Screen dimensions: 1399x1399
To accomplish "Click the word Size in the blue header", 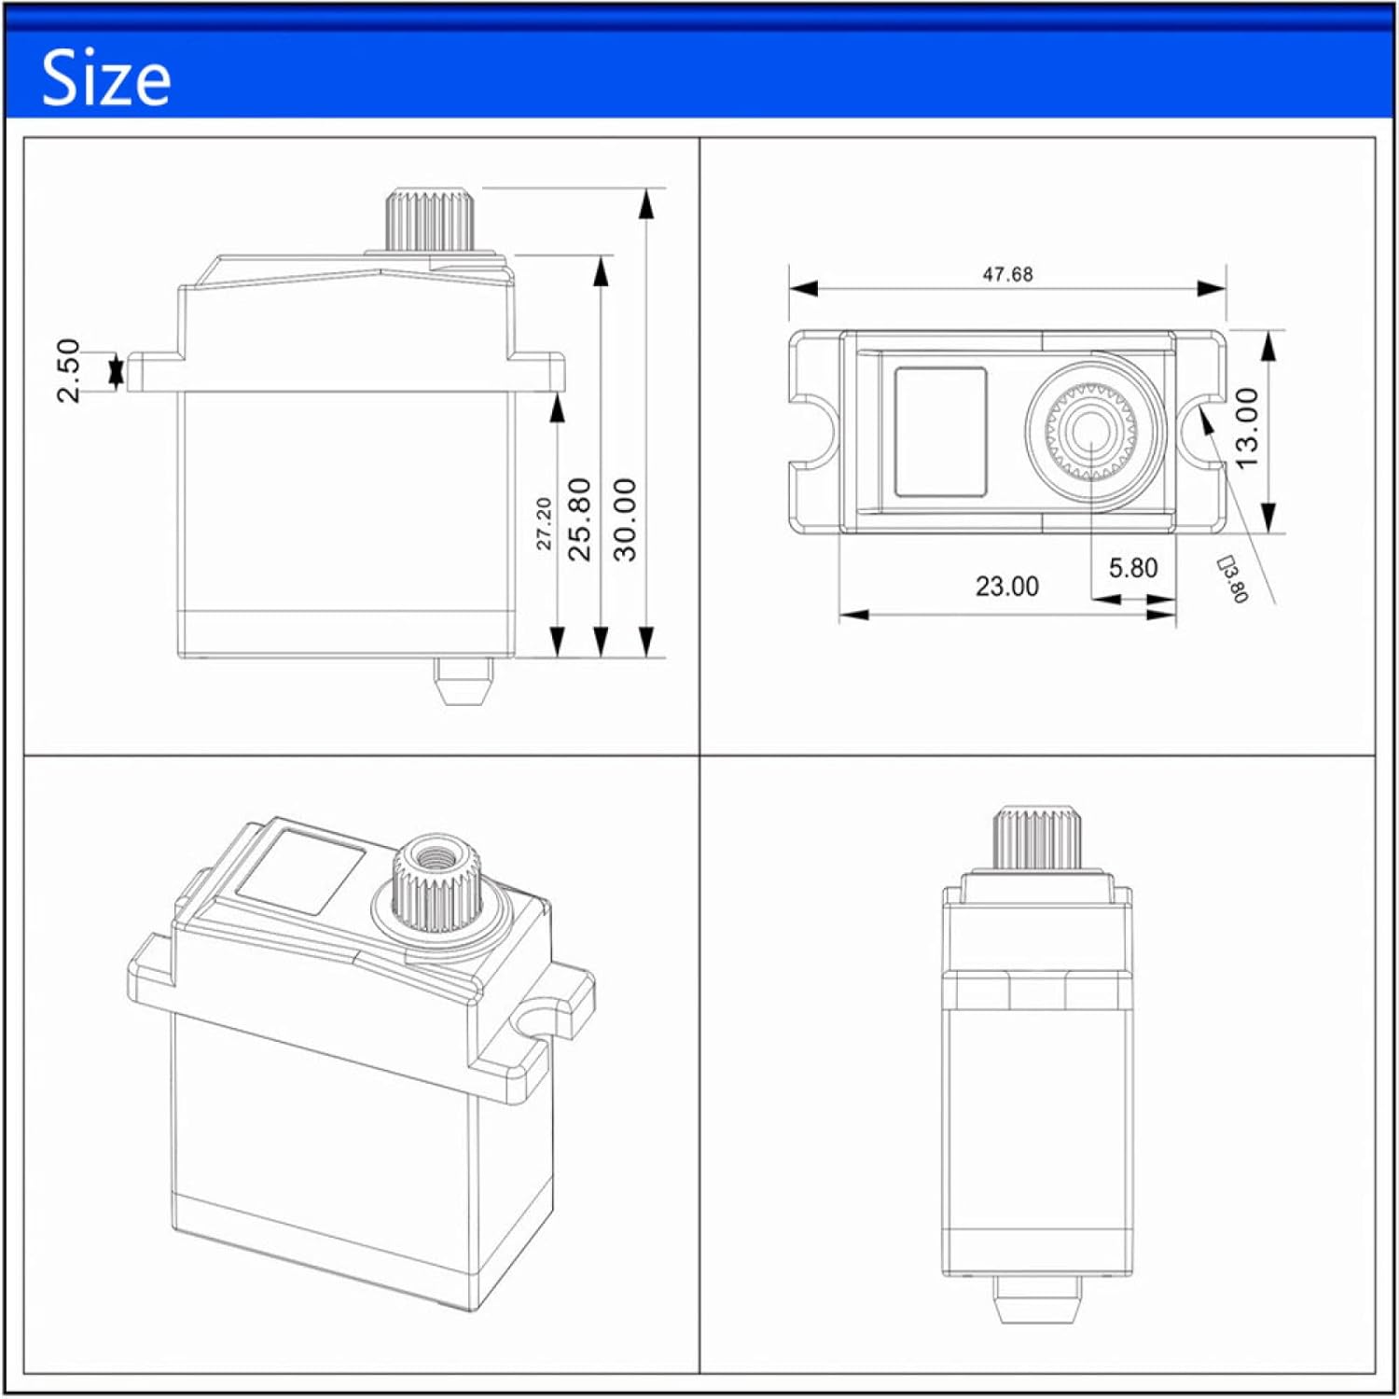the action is point(106,78).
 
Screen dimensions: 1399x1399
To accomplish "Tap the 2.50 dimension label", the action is point(68,370).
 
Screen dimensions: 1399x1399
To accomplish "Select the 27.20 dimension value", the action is point(544,523).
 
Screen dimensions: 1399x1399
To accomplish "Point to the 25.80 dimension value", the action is point(579,519).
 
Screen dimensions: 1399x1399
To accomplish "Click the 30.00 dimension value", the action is point(625,519).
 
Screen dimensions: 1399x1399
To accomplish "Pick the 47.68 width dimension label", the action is point(1007,274).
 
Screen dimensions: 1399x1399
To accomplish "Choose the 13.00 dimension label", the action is point(1247,427).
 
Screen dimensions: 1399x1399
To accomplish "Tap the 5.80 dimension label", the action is point(1133,568).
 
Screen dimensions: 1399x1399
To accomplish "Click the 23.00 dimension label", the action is point(1007,587).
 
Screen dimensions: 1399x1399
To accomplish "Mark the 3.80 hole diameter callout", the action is point(1234,579).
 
